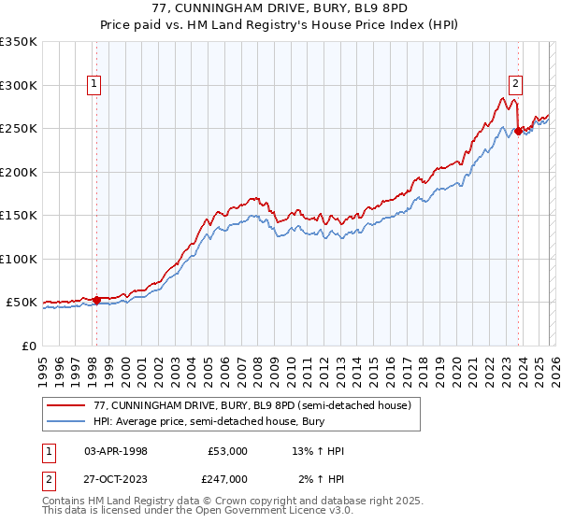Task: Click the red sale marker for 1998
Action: coord(96,300)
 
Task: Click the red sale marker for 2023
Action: coord(518,131)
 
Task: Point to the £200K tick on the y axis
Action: coord(19,172)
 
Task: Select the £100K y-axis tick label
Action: coord(19,259)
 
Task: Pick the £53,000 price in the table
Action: coord(227,451)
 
